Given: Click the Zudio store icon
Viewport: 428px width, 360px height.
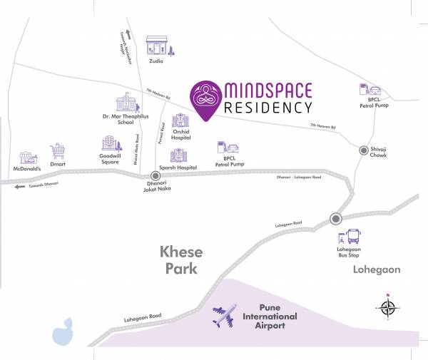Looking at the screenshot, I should tap(156, 46).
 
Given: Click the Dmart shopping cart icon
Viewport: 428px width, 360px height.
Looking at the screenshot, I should tap(58, 151).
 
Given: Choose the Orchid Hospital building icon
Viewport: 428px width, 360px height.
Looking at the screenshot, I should tap(180, 120).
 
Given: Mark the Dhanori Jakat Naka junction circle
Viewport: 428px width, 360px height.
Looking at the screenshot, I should tap(155, 175).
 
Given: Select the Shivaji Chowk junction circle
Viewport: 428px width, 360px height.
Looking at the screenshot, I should tap(363, 150).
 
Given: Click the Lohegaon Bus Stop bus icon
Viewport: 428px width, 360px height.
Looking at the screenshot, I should tap(353, 237).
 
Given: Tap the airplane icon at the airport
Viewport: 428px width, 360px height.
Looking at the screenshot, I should tap(224, 314).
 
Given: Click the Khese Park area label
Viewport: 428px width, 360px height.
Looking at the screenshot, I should tap(180, 261).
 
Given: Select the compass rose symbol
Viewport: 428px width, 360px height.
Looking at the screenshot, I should tap(387, 308).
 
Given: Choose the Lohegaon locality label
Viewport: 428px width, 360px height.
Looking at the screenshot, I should tap(377, 270).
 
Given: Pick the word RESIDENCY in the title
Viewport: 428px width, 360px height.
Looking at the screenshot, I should tap(268, 108).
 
